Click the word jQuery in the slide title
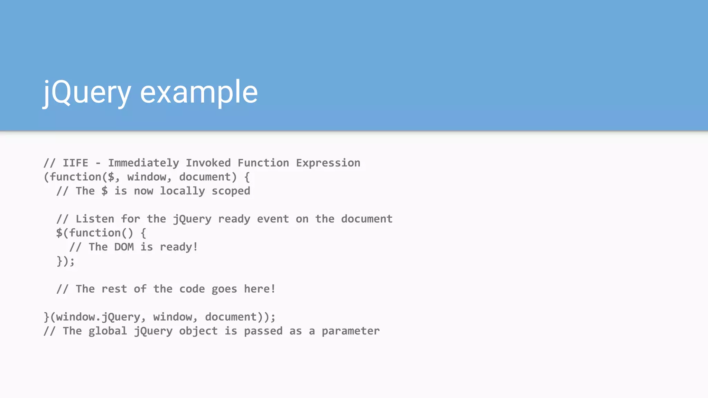click(87, 92)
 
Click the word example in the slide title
click(199, 92)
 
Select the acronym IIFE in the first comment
click(75, 163)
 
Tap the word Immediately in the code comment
click(143, 163)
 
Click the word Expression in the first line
click(328, 163)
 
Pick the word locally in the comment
click(182, 191)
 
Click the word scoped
click(231, 191)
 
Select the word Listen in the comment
click(95, 219)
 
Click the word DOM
click(124, 247)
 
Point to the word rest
click(114, 289)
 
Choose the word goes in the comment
click(224, 289)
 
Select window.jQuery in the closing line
click(98, 317)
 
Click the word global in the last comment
click(108, 331)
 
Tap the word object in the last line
click(198, 331)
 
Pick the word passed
click(263, 331)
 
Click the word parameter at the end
click(351, 331)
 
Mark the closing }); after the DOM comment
click(65, 261)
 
